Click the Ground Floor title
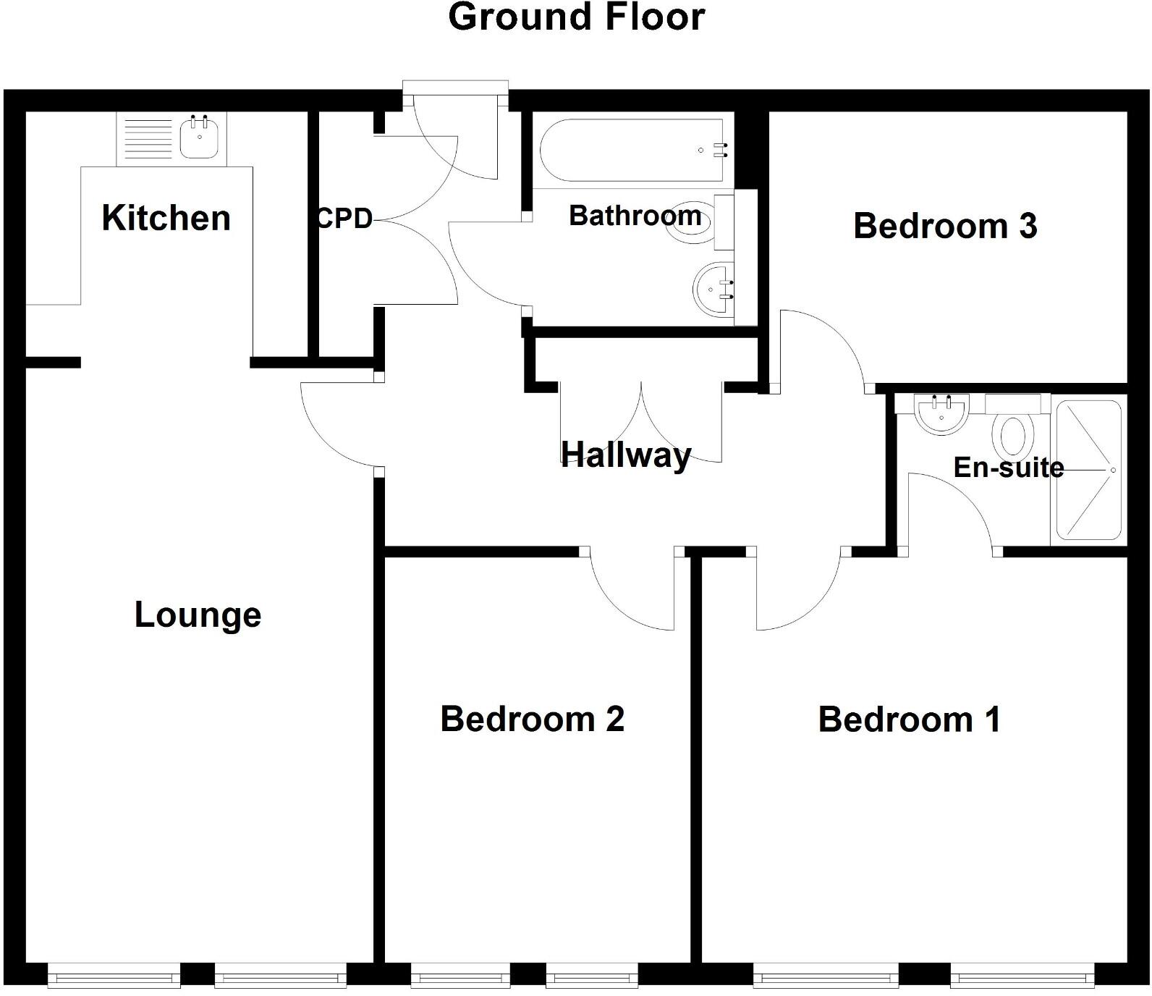(x=576, y=17)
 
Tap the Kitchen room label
(x=166, y=217)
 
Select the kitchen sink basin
(x=198, y=138)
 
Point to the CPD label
(x=345, y=218)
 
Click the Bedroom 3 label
(x=944, y=226)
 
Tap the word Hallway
(x=626, y=455)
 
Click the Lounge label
(x=198, y=615)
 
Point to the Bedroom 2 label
(x=532, y=719)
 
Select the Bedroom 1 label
(x=909, y=719)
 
